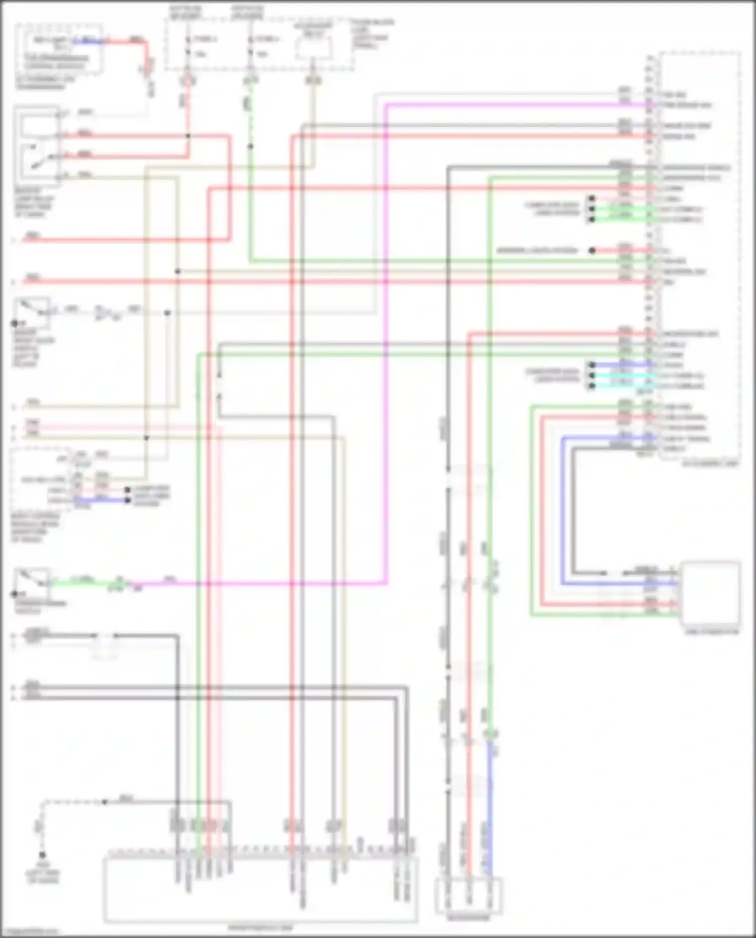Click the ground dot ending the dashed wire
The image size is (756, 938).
click(x=42, y=855)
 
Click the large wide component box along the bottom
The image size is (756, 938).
click(x=261, y=890)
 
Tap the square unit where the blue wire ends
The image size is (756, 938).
click(x=711, y=593)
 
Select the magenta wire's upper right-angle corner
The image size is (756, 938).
click(x=386, y=105)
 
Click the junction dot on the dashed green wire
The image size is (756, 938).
click(x=250, y=146)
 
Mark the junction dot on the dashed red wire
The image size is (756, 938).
click(x=188, y=136)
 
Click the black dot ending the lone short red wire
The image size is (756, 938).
click(x=593, y=250)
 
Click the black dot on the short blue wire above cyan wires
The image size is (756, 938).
click(x=592, y=365)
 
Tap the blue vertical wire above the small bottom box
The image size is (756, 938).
click(x=489, y=806)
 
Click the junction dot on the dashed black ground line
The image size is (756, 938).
click(x=105, y=801)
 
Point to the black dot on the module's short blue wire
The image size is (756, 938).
click(x=128, y=500)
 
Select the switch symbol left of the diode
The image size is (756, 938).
click(x=32, y=308)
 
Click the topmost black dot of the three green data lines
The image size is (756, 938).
click(x=592, y=199)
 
